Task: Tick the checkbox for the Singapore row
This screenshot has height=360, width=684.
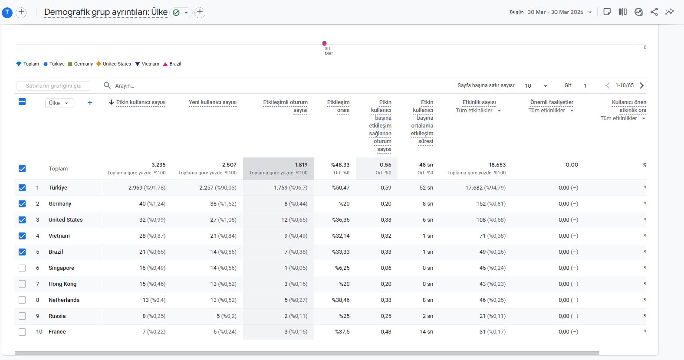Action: coord(22,268)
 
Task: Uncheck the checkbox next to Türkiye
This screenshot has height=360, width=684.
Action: coord(22,188)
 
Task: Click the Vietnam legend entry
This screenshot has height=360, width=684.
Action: coord(147,64)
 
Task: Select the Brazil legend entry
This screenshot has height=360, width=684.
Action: coord(172,64)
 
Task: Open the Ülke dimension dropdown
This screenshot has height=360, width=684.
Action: coord(59,103)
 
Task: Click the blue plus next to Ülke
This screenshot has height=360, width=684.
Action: coord(90,103)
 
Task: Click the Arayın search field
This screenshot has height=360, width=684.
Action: coord(125,86)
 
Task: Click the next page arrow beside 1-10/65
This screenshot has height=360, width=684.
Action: coord(641,85)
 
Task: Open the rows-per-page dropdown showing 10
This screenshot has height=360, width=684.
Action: coord(536,86)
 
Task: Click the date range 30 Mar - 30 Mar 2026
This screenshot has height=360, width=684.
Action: coord(556,12)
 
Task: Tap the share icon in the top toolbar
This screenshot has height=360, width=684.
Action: coord(654,12)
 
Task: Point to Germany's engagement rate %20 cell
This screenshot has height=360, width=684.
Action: coord(344,204)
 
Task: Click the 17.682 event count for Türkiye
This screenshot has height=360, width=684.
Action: coord(474,188)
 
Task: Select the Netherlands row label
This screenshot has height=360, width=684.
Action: coord(64,300)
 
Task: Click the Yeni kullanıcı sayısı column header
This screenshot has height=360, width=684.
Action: coord(213,102)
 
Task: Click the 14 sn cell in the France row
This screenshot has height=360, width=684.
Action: coord(426,332)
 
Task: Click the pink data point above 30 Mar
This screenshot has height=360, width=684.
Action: coord(324,43)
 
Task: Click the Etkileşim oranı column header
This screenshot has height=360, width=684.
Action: coord(339,106)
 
